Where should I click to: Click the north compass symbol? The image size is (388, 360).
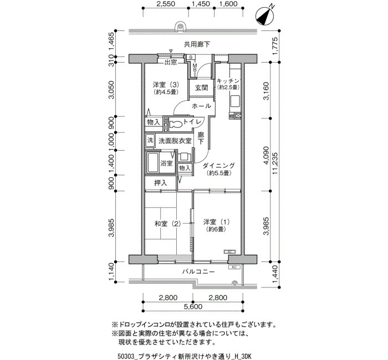point(265,16)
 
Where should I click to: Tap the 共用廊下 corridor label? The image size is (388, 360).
point(197,44)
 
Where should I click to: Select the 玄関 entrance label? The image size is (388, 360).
point(201,88)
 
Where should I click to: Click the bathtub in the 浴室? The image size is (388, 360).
point(152,162)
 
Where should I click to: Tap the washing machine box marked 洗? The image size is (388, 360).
point(150,141)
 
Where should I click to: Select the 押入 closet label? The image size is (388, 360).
point(161,183)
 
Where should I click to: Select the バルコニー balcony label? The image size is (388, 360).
point(198,272)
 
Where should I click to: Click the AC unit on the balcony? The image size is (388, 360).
point(234,268)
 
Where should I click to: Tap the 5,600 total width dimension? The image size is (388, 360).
point(193,307)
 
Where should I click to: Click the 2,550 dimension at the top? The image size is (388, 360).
point(166,4)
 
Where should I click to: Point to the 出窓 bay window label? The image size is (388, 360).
point(171,62)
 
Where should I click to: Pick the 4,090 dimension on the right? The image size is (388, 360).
point(266,155)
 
